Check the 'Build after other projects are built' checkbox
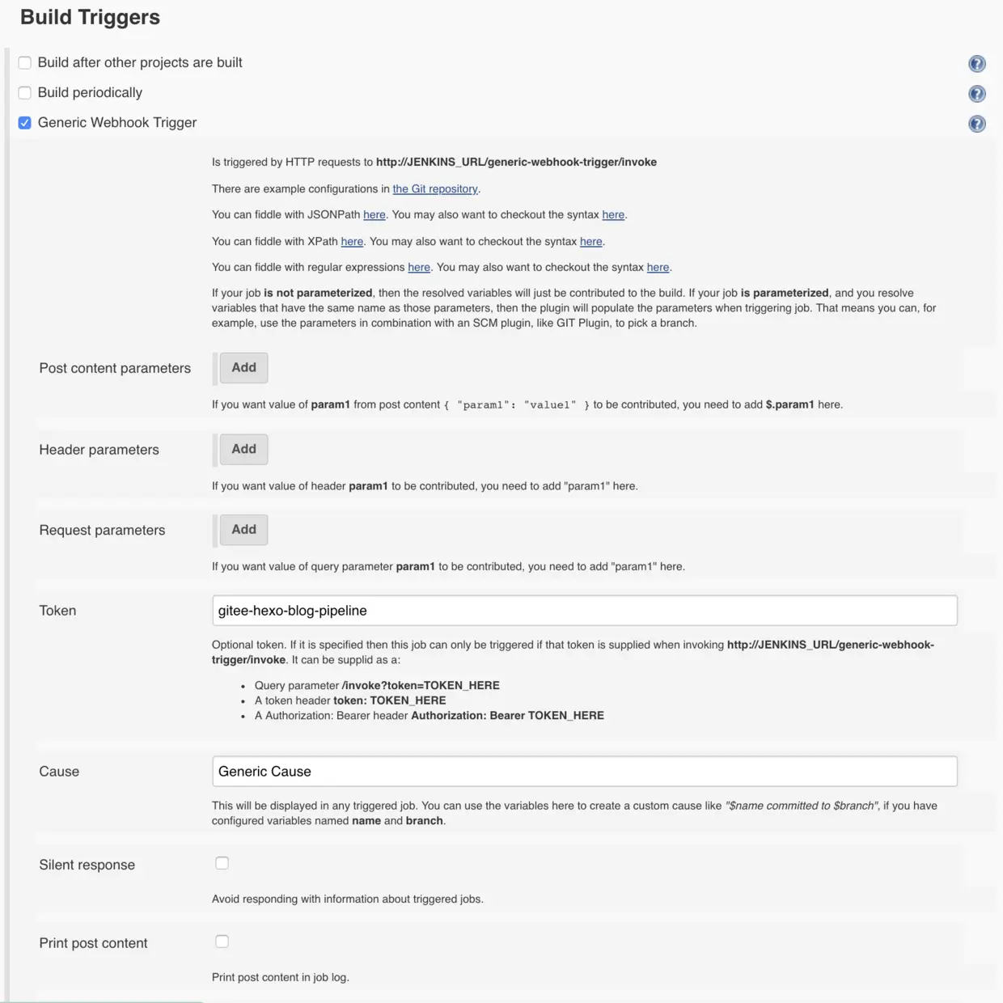[25, 63]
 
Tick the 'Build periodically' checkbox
[25, 93]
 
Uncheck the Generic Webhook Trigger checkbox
[25, 123]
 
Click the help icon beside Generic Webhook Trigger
[977, 124]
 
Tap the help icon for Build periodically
[977, 94]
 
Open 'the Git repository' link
[434, 188]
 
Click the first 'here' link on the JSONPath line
[374, 215]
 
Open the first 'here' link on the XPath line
[352, 241]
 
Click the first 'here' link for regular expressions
[418, 268]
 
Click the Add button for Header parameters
[243, 450]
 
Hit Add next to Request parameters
[243, 530]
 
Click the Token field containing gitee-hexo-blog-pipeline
[584, 611]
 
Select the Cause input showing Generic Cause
[584, 772]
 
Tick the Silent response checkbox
[222, 863]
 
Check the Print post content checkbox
[222, 942]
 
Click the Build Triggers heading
[90, 18]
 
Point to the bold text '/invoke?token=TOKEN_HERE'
[421, 686]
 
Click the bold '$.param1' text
[789, 404]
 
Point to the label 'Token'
[57, 611]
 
